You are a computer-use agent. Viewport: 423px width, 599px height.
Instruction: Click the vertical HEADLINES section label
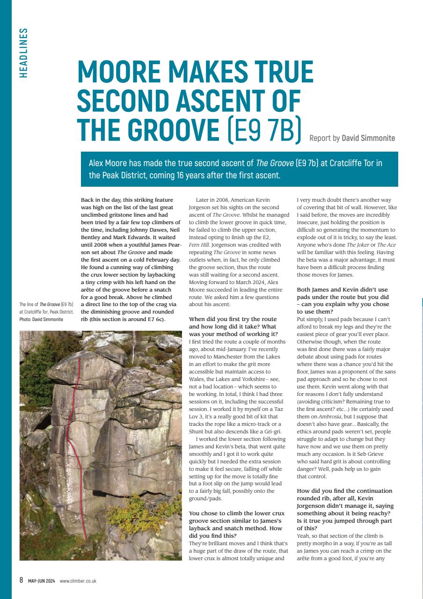[x=24, y=53]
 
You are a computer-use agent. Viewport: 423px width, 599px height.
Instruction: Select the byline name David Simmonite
[x=368, y=138]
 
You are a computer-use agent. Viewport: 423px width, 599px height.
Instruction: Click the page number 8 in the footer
[x=21, y=581]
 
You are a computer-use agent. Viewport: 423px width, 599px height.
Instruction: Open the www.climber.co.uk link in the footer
[x=78, y=581]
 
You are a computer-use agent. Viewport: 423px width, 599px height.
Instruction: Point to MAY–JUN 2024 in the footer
[x=41, y=581]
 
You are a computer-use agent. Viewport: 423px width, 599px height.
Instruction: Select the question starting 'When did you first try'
[x=233, y=326]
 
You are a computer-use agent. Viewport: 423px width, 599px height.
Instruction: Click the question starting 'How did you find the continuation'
[x=345, y=505]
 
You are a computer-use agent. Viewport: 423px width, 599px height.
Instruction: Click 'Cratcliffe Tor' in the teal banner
[x=357, y=163]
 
